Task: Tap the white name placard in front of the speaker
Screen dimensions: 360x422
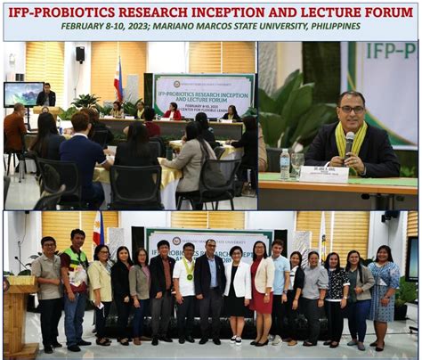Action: [323, 174]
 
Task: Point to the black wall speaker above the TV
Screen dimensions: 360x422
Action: [80, 54]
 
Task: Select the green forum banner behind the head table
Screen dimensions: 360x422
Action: [203, 94]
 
